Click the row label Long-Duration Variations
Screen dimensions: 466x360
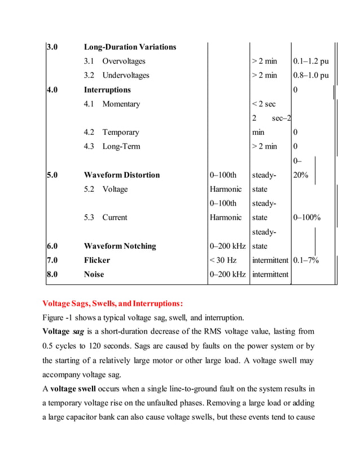(x=130, y=47)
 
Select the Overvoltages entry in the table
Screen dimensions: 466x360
(x=123, y=61)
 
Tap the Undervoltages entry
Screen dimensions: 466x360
(x=125, y=76)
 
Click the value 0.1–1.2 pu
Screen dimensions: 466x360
(x=311, y=61)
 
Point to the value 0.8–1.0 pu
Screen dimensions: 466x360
(x=311, y=76)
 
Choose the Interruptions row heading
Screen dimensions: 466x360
(x=107, y=90)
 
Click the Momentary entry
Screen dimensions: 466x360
(x=121, y=104)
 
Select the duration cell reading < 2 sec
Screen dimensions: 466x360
(x=264, y=104)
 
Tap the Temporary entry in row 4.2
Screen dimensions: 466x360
(x=120, y=133)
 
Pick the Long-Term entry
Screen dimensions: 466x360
(x=121, y=147)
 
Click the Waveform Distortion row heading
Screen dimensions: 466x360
(x=121, y=175)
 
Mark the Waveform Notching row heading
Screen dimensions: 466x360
(x=120, y=246)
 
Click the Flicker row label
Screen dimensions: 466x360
(x=97, y=260)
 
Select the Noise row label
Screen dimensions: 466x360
(x=94, y=275)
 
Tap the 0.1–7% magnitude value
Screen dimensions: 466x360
(x=306, y=260)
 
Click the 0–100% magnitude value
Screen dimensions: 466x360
(x=307, y=218)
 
